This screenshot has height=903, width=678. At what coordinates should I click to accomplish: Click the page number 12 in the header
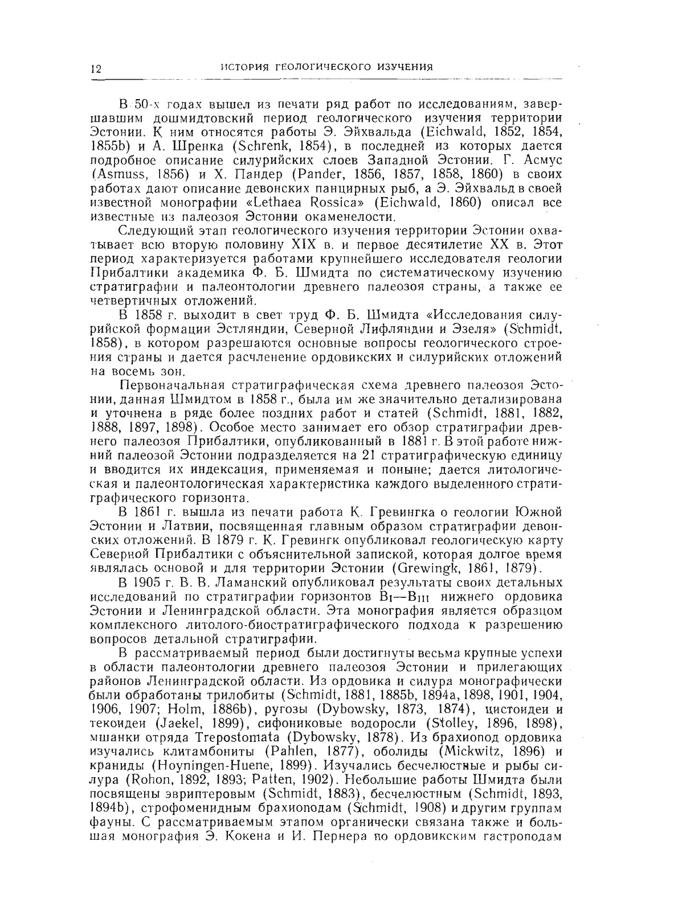click(x=95, y=69)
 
